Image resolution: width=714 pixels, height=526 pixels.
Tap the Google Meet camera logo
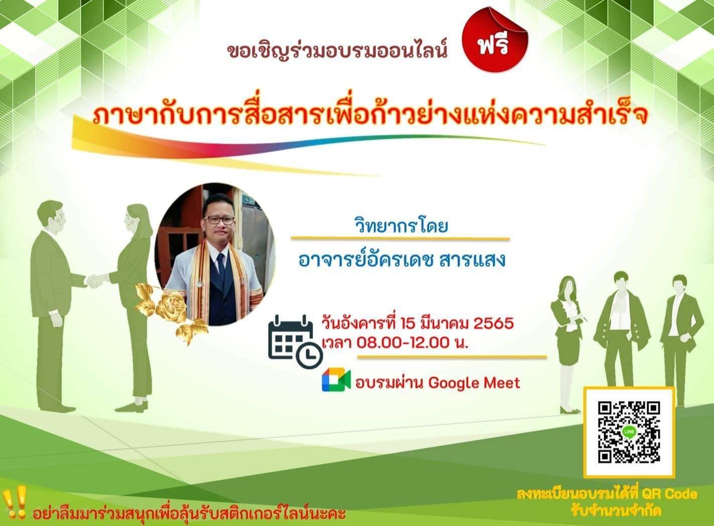tap(336, 380)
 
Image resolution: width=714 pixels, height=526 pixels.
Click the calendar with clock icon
tap(295, 341)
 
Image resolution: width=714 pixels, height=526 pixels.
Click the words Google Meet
tap(474, 383)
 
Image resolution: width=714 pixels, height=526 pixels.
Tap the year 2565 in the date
tap(493, 324)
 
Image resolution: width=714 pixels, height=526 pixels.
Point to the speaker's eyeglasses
tap(219, 220)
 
